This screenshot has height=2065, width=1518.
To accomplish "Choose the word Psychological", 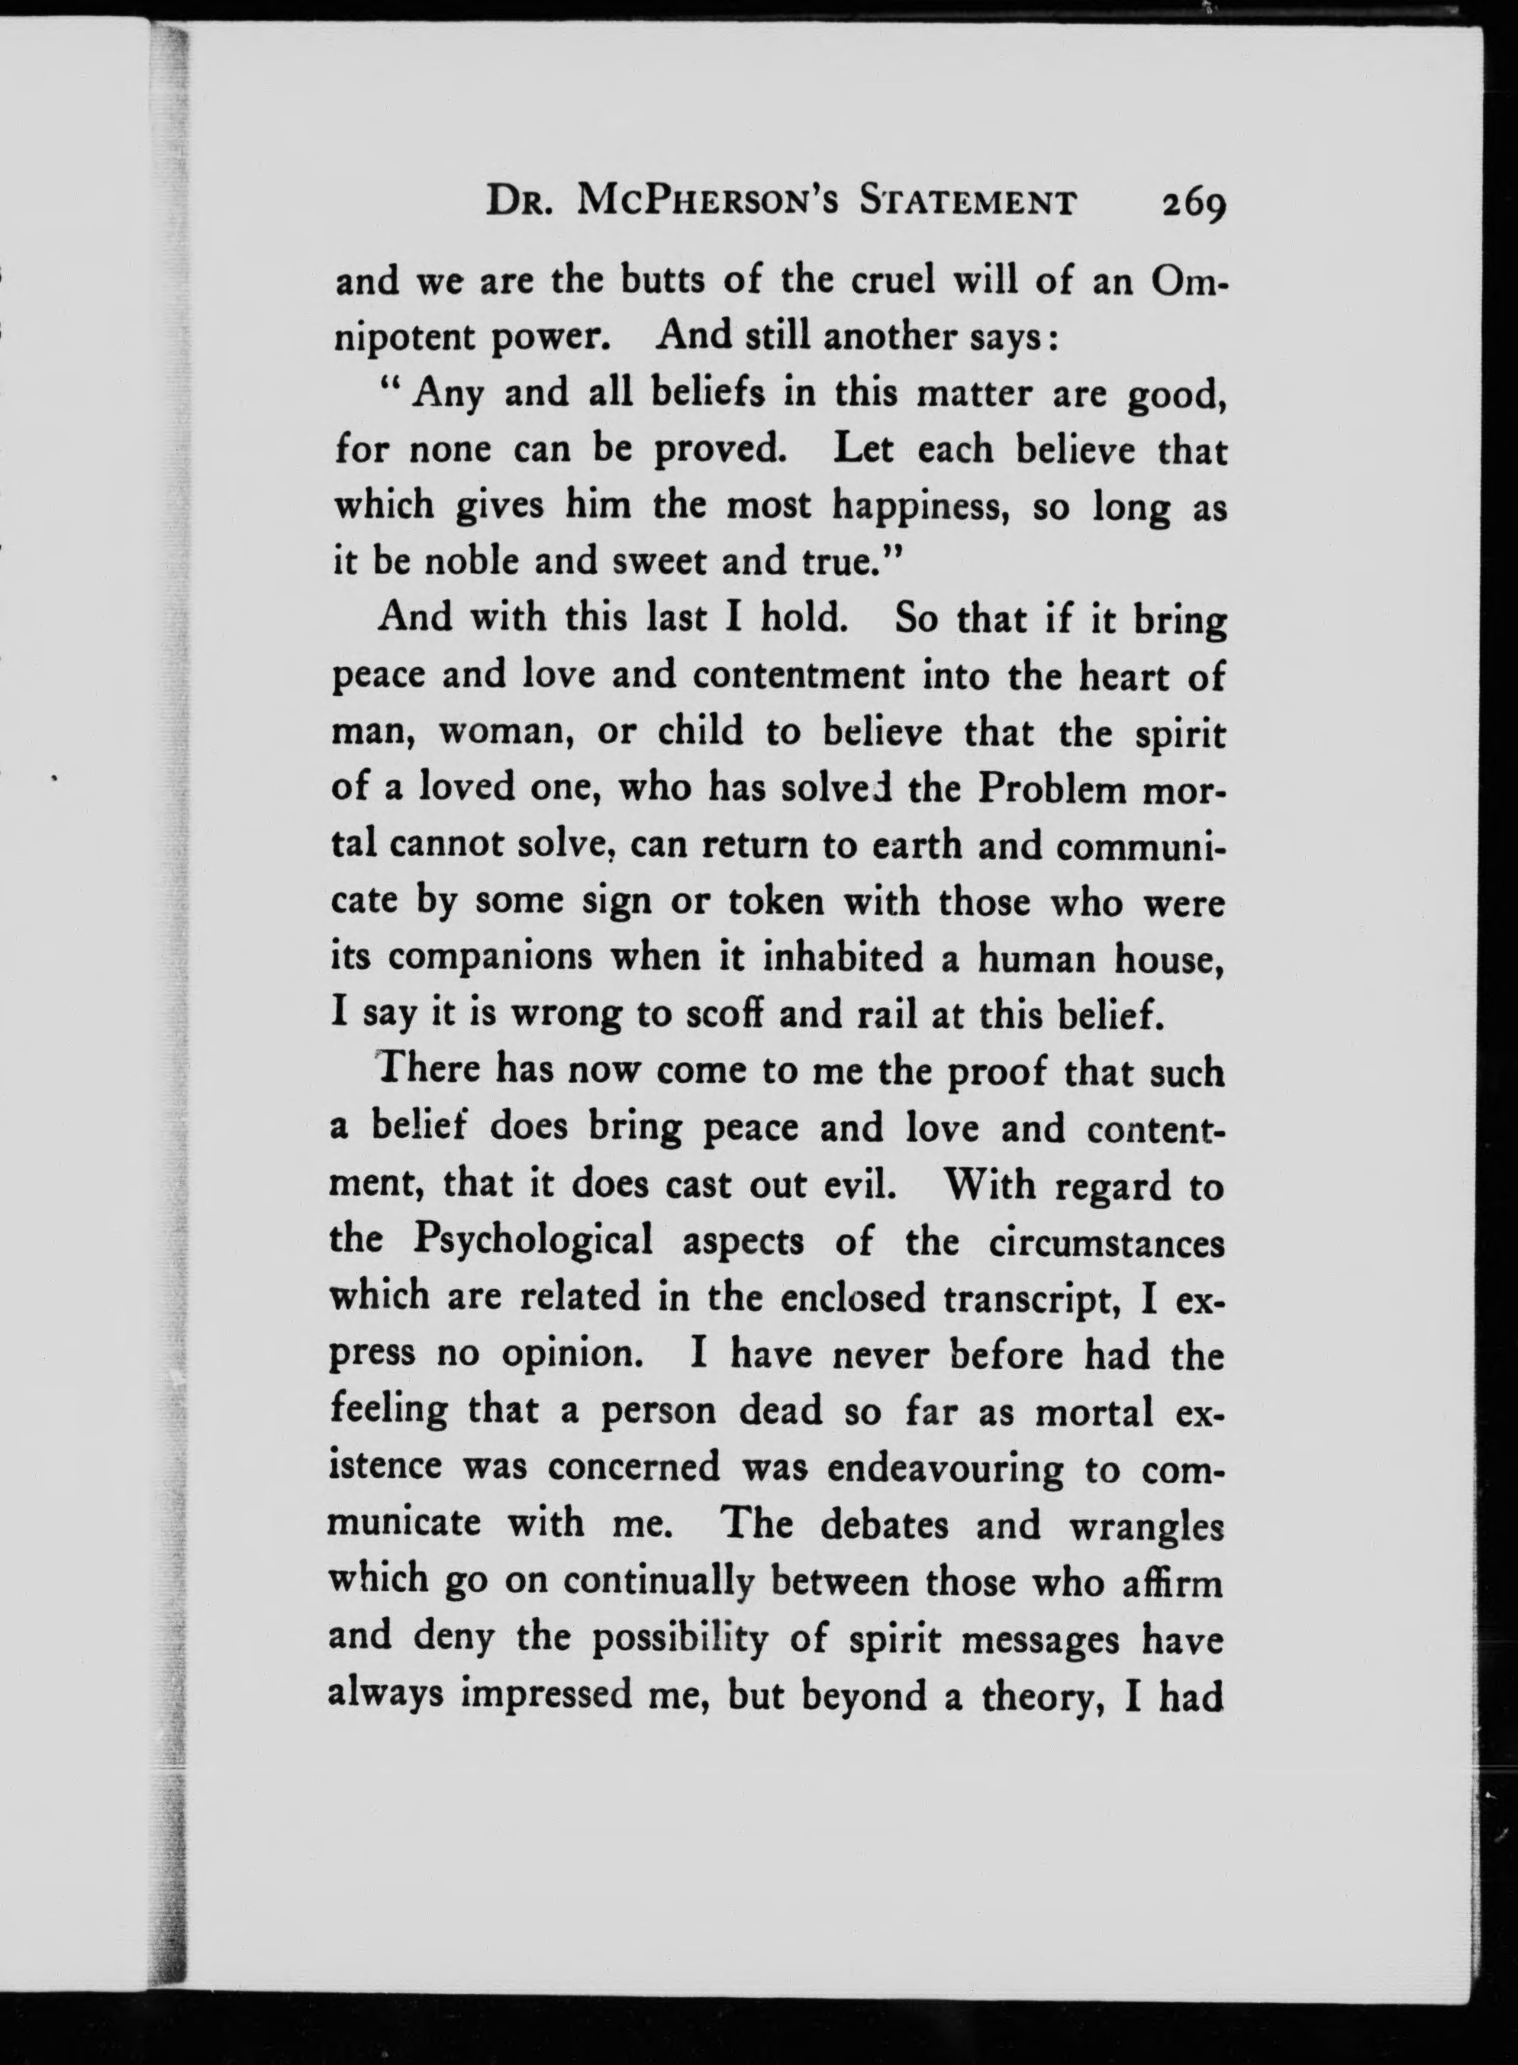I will click(x=533, y=1241).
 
